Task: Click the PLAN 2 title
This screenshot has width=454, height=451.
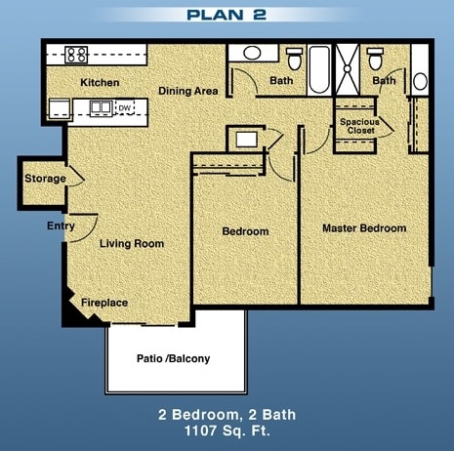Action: [x=226, y=15]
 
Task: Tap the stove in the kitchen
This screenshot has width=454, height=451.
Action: [x=77, y=55]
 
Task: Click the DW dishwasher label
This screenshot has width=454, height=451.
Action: [x=124, y=107]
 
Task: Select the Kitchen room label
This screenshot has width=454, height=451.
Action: [x=100, y=82]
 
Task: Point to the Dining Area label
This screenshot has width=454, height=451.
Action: [x=188, y=91]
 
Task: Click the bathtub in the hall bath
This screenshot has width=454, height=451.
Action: [x=321, y=70]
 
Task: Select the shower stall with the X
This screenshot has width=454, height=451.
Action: [x=349, y=69]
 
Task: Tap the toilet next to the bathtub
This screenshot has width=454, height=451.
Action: [x=294, y=56]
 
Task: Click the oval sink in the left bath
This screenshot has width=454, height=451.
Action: [x=251, y=54]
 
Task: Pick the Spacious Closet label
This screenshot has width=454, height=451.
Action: [x=358, y=126]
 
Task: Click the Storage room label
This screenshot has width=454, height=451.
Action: [x=45, y=179]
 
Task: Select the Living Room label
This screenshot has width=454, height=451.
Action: [x=131, y=243]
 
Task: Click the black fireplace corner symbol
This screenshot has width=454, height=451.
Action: [x=70, y=311]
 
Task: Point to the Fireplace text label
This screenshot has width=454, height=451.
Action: [x=104, y=303]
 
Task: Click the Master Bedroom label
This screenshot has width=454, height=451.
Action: [x=364, y=228]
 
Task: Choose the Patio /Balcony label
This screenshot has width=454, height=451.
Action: [x=172, y=358]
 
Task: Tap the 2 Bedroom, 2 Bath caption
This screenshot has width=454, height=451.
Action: [x=227, y=413]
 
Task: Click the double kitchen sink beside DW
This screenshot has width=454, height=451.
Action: [x=100, y=107]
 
